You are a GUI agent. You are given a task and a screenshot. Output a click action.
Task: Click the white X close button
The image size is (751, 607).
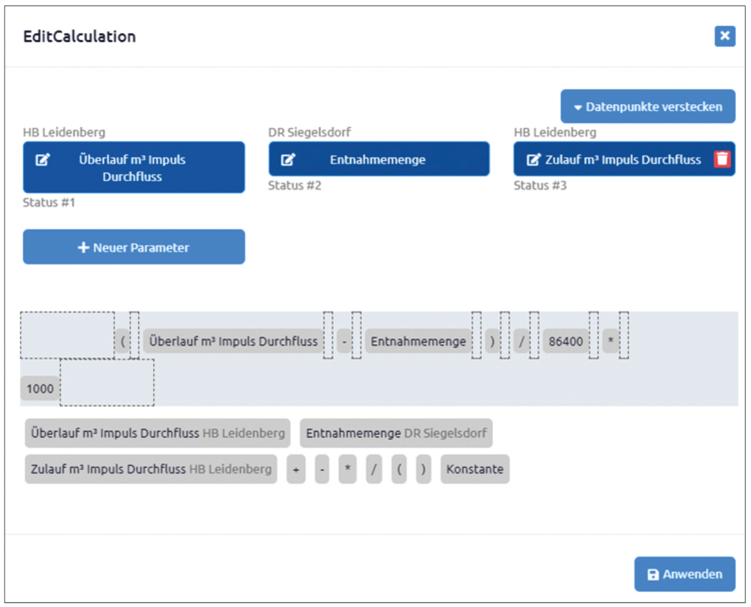pos(725,36)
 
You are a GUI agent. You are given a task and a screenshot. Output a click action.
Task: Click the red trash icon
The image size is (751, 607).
pos(722,159)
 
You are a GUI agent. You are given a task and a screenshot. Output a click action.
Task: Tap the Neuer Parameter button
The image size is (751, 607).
pos(134,247)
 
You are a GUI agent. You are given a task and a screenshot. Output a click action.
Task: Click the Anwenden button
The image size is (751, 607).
pos(685,574)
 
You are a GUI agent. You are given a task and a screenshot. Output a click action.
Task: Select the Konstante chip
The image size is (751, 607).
pos(475,469)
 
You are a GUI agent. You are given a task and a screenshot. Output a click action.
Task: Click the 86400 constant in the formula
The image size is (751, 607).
pos(565,342)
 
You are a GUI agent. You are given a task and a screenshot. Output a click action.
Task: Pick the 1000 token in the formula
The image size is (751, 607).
pos(40,388)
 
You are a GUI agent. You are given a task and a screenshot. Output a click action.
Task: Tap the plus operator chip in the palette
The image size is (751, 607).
pos(296,469)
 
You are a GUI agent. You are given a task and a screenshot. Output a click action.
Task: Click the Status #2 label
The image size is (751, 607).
pos(295,185)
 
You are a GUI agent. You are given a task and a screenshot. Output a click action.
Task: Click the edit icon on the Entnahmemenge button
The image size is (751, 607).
pos(288,160)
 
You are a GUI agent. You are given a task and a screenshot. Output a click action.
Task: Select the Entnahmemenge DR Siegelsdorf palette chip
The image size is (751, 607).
pos(396,433)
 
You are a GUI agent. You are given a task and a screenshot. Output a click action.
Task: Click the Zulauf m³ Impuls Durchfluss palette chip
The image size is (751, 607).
pos(151,469)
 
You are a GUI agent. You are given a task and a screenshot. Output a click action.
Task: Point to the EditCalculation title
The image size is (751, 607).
pos(79,36)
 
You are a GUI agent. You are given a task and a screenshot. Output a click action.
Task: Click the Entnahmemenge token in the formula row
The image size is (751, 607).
pos(418,342)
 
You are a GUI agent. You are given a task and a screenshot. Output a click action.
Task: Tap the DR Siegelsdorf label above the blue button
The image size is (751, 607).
pos(309,132)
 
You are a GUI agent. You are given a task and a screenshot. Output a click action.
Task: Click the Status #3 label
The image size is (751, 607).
pos(540,185)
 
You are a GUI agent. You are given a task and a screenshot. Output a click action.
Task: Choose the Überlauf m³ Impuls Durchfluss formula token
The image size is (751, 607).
pos(233,342)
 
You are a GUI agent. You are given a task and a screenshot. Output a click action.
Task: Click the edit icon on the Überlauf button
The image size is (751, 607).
pos(42,160)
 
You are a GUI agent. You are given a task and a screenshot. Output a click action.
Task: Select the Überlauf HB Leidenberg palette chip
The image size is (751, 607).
pos(158,433)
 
